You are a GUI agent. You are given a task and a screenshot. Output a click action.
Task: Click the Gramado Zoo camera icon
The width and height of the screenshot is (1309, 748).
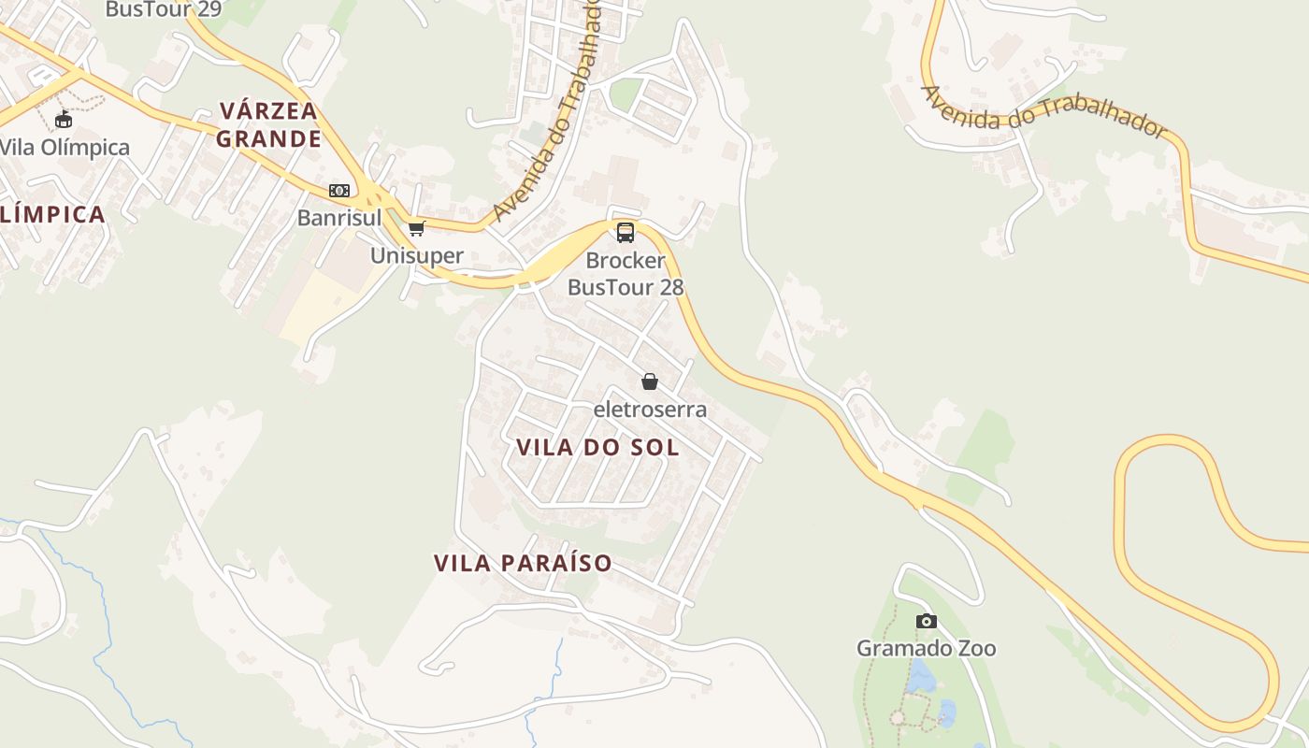click(926, 621)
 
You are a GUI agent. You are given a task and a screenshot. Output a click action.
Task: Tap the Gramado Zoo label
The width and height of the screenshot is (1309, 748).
click(926, 648)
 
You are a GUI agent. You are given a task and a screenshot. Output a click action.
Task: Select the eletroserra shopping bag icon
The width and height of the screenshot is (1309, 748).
click(650, 381)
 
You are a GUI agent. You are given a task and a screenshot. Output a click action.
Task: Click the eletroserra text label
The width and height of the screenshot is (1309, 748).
click(650, 410)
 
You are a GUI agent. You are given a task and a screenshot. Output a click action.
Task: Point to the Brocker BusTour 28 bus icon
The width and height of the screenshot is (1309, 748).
click(626, 232)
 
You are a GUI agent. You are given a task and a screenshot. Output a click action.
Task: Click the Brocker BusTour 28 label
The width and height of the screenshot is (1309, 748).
click(626, 274)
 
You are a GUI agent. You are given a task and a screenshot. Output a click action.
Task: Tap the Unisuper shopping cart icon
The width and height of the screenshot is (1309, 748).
click(417, 228)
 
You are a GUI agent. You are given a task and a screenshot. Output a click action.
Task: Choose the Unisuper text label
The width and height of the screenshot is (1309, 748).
click(417, 255)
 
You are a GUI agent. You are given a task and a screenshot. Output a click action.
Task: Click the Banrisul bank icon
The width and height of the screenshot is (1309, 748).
click(339, 191)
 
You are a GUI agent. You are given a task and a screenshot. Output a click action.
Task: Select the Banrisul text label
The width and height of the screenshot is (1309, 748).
click(339, 218)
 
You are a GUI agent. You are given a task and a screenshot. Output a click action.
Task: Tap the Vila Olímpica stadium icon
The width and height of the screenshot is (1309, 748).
click(64, 120)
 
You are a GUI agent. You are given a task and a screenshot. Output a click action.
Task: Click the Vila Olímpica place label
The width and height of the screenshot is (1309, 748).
click(64, 148)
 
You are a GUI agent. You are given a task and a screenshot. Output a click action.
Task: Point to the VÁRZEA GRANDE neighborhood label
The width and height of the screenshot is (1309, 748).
click(269, 125)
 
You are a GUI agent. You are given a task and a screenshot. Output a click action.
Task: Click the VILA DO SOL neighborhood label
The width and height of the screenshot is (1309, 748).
click(597, 447)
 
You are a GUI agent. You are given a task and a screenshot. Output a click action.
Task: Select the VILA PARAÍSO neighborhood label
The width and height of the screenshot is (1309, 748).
click(523, 563)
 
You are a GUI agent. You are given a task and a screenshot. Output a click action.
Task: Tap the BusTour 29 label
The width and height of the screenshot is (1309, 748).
click(163, 10)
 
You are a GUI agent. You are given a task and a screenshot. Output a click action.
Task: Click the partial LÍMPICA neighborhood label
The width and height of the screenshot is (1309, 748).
click(52, 214)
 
